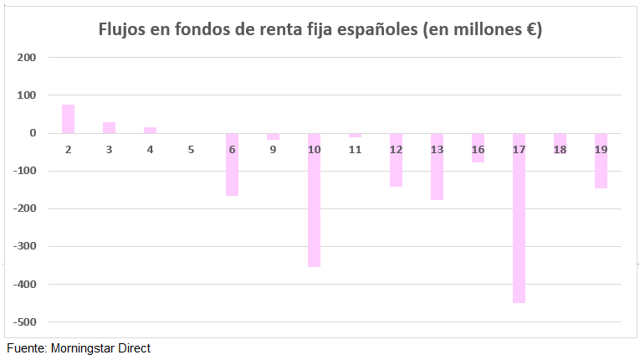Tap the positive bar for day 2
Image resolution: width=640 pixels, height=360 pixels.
(68, 119)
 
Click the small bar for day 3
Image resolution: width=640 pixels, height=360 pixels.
(109, 127)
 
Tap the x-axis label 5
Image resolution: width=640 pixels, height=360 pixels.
(191, 149)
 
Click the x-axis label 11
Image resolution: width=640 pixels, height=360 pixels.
(355, 149)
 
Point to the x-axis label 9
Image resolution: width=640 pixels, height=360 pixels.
(273, 149)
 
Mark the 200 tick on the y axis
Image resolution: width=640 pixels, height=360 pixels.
(28, 58)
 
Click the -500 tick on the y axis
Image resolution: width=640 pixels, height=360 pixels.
(25, 322)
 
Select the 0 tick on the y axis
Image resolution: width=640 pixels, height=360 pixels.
(33, 133)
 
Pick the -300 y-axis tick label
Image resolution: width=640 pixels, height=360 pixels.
(25, 247)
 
